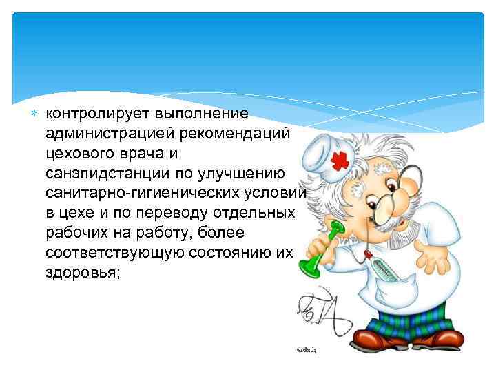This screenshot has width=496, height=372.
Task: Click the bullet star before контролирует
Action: point(38,112)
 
